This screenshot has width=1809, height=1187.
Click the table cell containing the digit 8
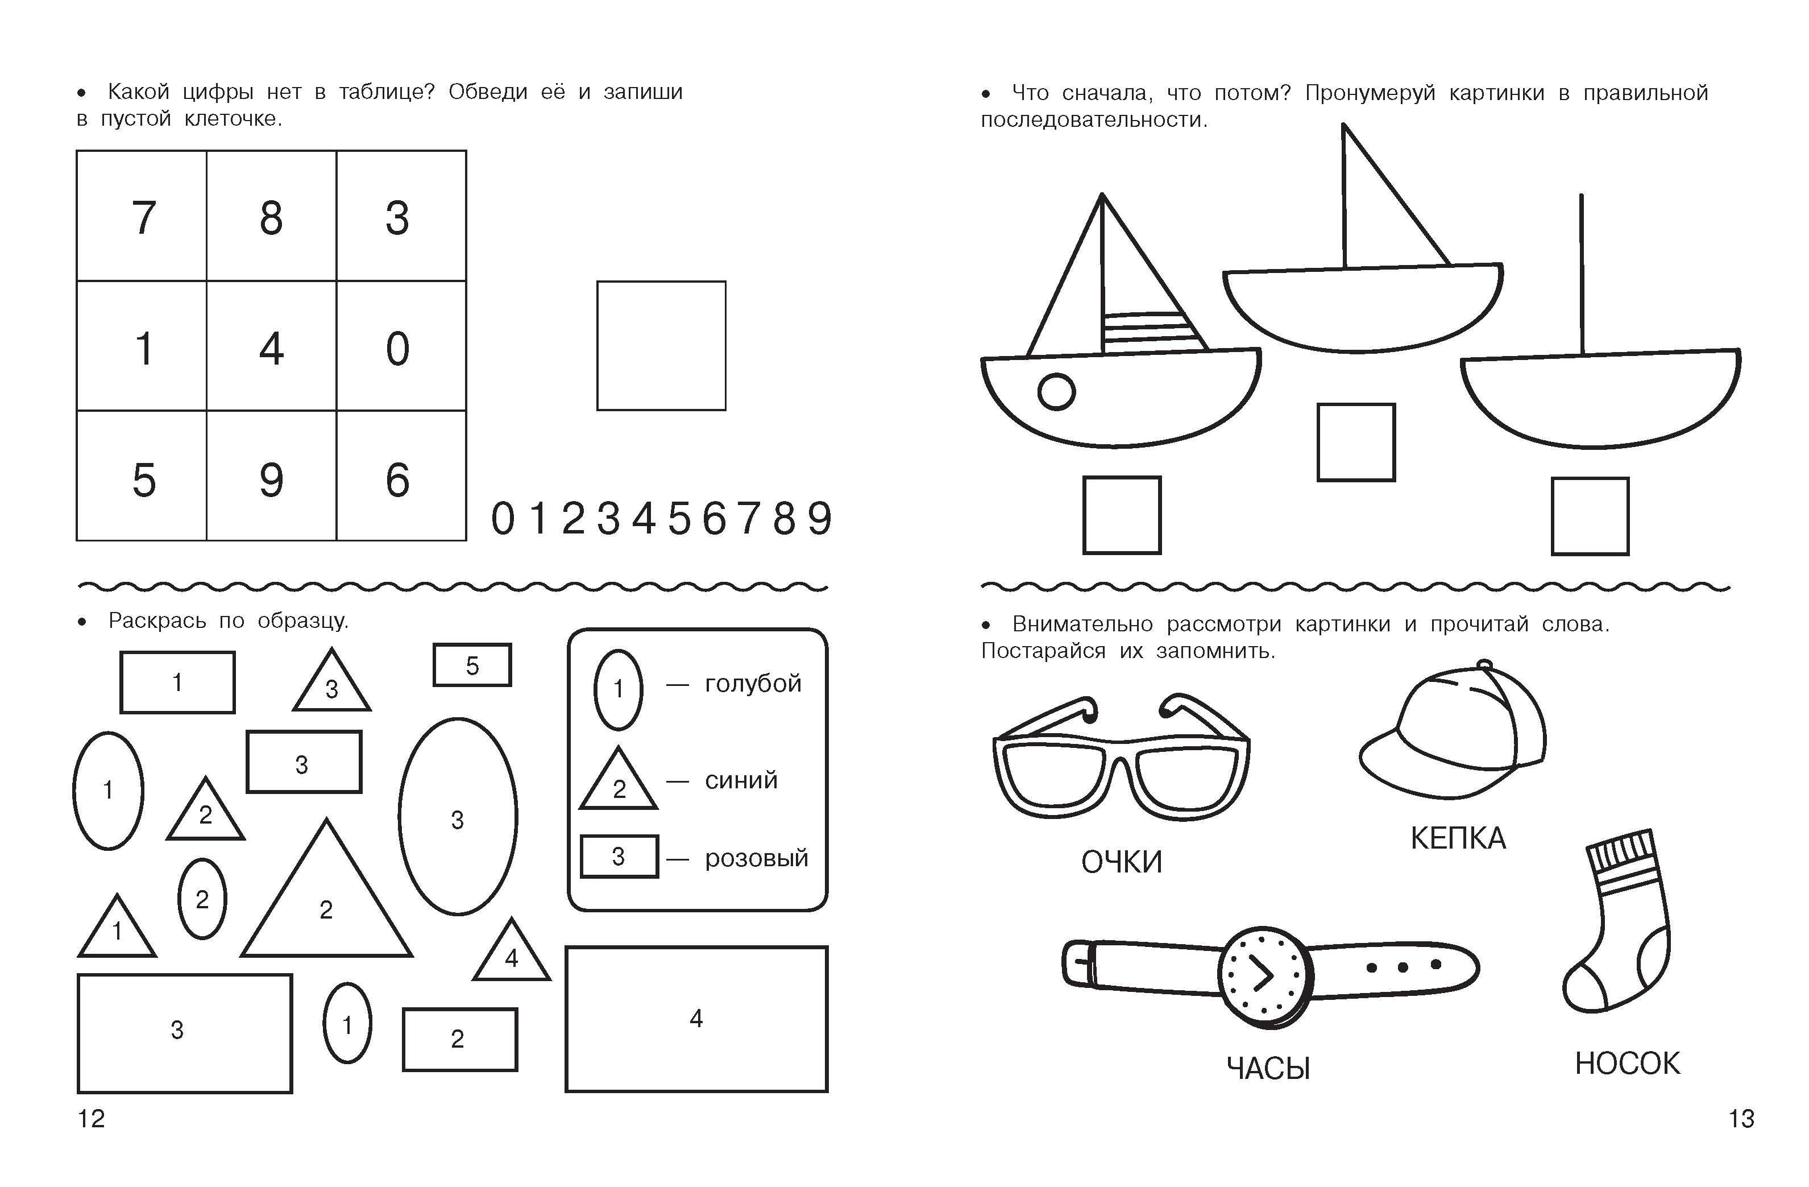pos(271,216)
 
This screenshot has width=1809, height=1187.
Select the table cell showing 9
pos(271,476)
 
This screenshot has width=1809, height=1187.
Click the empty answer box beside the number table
pos(661,346)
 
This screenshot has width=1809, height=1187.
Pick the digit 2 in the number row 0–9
pos(573,519)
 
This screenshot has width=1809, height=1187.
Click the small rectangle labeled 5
pos(472,665)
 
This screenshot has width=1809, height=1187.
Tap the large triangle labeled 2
pos(327,888)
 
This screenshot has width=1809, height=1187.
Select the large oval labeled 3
pos(458,817)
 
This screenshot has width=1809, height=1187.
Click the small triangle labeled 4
pos(512,949)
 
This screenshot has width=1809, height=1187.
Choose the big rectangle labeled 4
pos(696,1019)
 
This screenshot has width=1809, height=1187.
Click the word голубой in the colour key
pos(753,684)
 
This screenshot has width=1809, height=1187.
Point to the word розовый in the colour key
pos(756,858)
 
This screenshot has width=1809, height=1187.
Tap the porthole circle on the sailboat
pos(1056,392)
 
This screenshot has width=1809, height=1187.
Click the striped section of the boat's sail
pos(1152,332)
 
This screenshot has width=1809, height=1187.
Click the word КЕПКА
pos(1458,838)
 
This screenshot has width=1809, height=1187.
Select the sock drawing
pos(1618,921)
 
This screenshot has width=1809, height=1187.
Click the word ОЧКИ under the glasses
pos(1122,862)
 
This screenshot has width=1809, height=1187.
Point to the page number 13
pos(1741,1119)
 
